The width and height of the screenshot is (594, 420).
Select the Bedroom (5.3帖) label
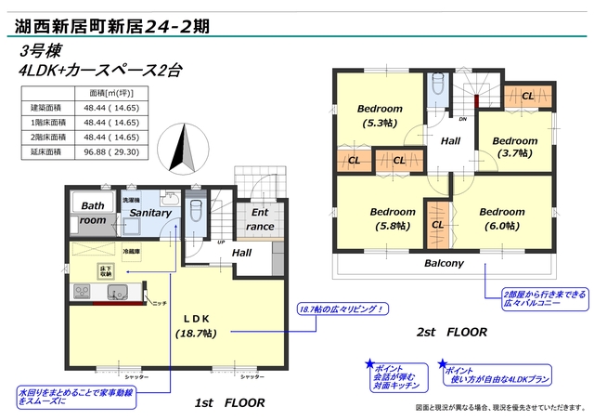pos(380,115)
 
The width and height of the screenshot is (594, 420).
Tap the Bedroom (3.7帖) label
pos(517,147)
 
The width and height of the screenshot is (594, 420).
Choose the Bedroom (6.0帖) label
pos(502,218)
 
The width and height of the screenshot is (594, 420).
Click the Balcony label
pos(444,263)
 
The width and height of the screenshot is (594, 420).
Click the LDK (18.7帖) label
pos(195,324)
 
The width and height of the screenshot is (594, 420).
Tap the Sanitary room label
pos(150,213)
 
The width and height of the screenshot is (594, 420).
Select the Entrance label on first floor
pos(259,219)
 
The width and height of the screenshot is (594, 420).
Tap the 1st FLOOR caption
pos(230,403)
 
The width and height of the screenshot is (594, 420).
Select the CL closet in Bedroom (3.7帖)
pos(526,96)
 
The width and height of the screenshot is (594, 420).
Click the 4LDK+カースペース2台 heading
pos(93,71)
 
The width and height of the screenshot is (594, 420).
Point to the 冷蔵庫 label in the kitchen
pos(131,251)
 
